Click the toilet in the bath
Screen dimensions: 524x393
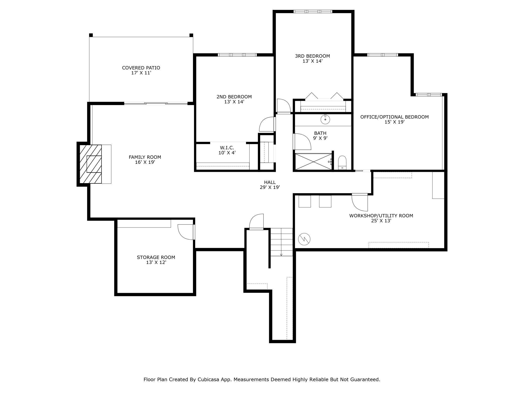(342, 162)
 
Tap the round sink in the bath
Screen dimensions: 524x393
(325, 119)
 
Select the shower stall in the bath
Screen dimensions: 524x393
(314, 162)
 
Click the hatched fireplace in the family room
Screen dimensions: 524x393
(91, 164)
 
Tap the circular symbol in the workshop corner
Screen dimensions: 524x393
(304, 239)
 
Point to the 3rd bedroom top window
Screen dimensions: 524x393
(313, 11)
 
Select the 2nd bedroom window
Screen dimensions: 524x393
(237, 55)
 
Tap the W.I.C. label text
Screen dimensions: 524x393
(227, 148)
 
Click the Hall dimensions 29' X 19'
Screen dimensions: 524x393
(270, 187)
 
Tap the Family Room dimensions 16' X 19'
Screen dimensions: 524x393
(145, 162)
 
